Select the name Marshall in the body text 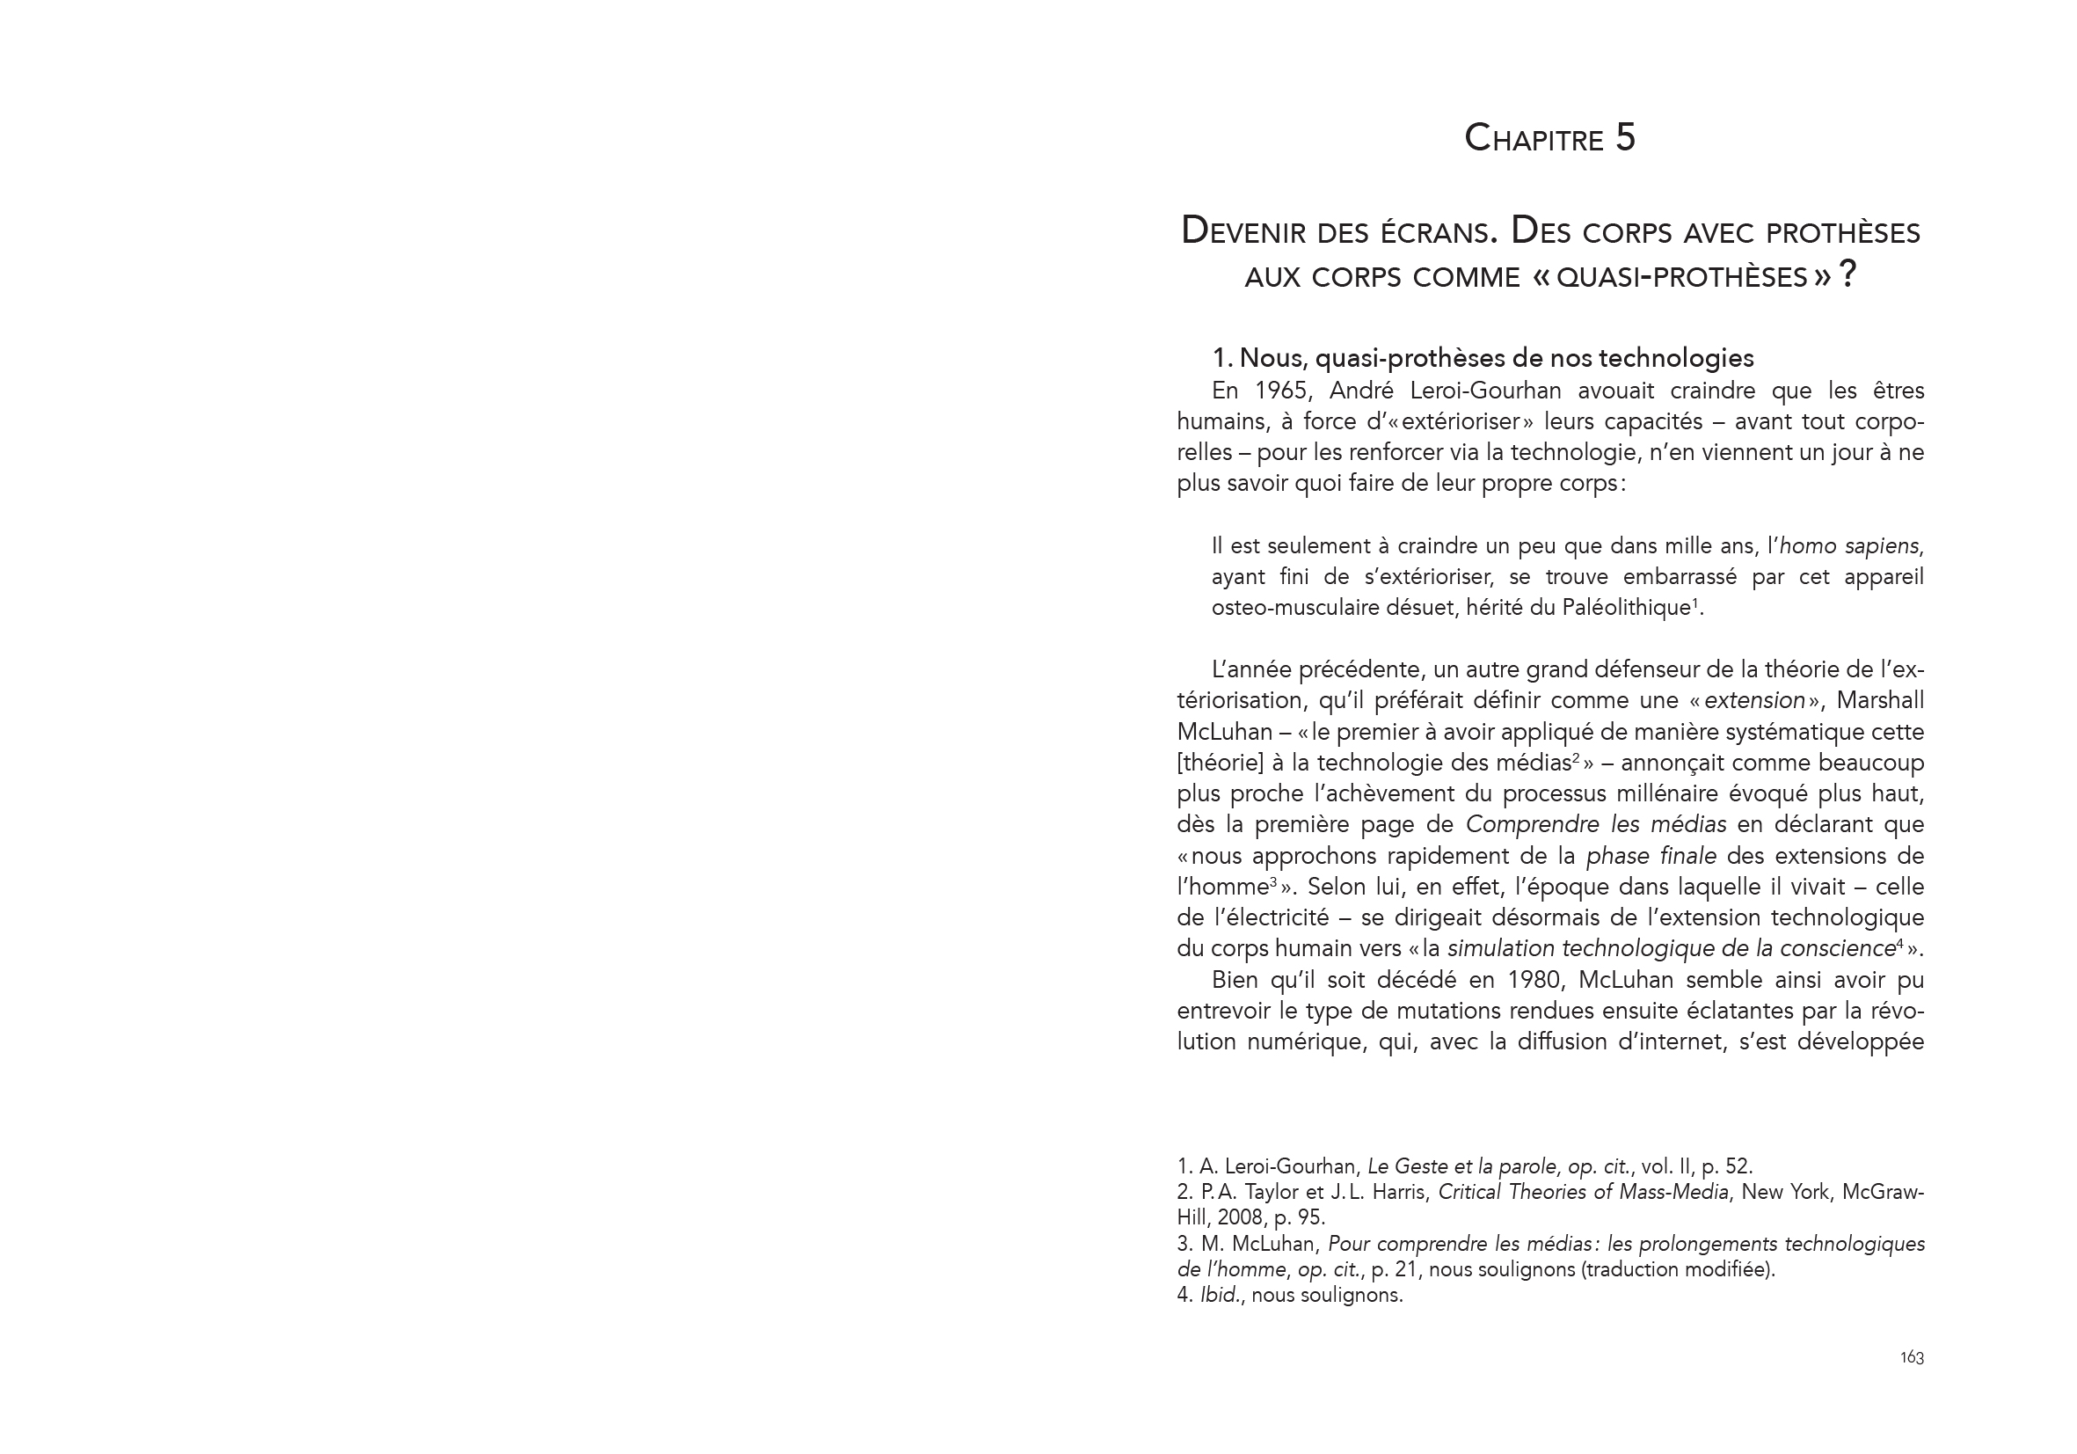coord(1882,701)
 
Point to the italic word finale coord(1688,856)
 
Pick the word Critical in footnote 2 coord(1471,1193)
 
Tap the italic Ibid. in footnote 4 coord(1219,1295)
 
